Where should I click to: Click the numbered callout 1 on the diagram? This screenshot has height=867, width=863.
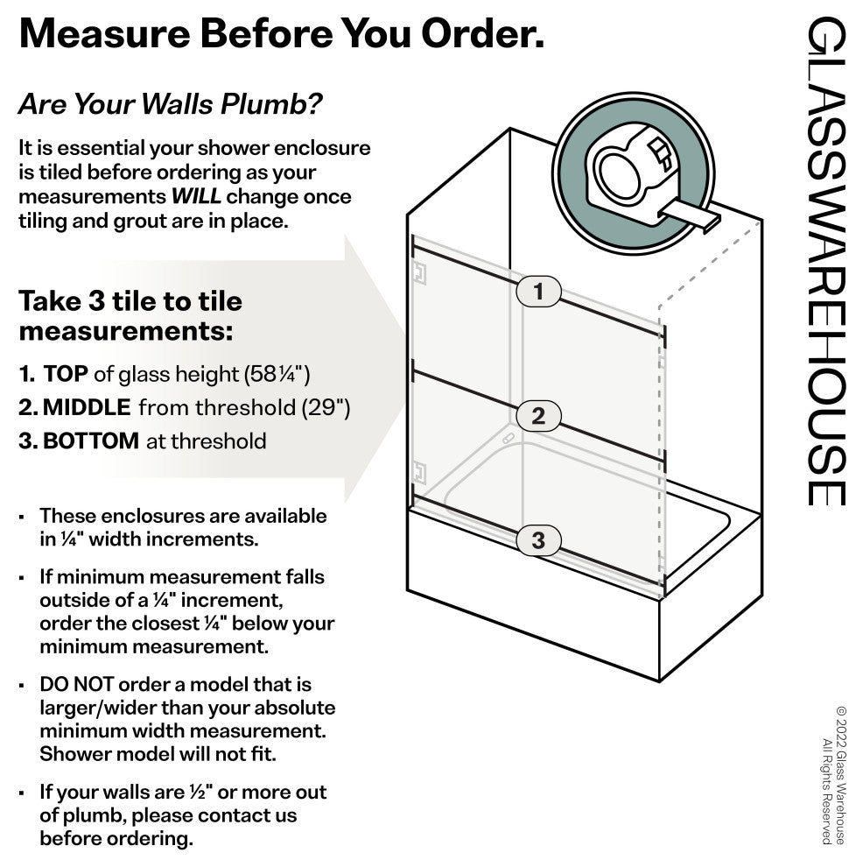click(x=538, y=292)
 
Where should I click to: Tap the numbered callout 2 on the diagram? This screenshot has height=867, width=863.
click(x=538, y=416)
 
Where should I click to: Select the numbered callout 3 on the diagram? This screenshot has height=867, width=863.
click(x=538, y=540)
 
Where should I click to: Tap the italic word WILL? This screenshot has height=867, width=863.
click(x=196, y=196)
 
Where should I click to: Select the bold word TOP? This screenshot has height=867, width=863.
click(x=65, y=374)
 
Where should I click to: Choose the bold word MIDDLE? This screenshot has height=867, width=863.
click(x=87, y=407)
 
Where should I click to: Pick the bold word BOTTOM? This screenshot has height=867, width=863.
click(x=91, y=441)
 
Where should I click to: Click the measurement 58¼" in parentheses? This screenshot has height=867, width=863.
click(x=277, y=374)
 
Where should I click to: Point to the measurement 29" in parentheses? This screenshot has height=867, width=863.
click(x=326, y=408)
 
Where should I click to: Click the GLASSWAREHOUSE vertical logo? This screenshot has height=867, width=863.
click(x=826, y=261)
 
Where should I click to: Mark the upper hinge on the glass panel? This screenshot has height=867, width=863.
click(x=419, y=273)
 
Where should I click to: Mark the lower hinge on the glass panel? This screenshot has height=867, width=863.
click(x=419, y=473)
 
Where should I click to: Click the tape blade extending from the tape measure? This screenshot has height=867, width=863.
click(x=691, y=215)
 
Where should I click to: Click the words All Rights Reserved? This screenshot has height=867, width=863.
click(x=827, y=792)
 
